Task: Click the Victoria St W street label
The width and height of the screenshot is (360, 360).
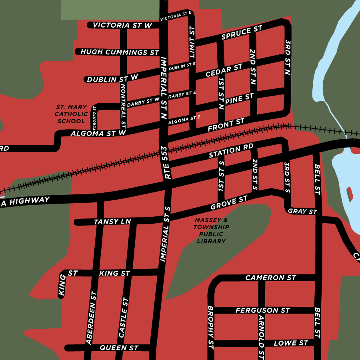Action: (x=122, y=25)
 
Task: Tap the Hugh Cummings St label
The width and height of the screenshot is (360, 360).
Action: (x=120, y=52)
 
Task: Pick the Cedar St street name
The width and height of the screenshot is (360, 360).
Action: (x=224, y=71)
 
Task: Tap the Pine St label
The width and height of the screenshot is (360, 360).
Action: (x=239, y=99)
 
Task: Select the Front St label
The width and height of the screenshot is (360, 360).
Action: (x=226, y=125)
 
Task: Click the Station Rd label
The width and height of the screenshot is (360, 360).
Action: (x=231, y=151)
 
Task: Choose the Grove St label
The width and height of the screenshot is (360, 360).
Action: (x=229, y=203)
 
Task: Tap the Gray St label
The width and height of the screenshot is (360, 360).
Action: (x=302, y=211)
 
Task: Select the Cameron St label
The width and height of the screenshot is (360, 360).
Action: (x=271, y=278)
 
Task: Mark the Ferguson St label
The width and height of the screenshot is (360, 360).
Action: (x=262, y=310)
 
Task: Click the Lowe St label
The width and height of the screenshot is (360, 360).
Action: (x=291, y=343)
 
